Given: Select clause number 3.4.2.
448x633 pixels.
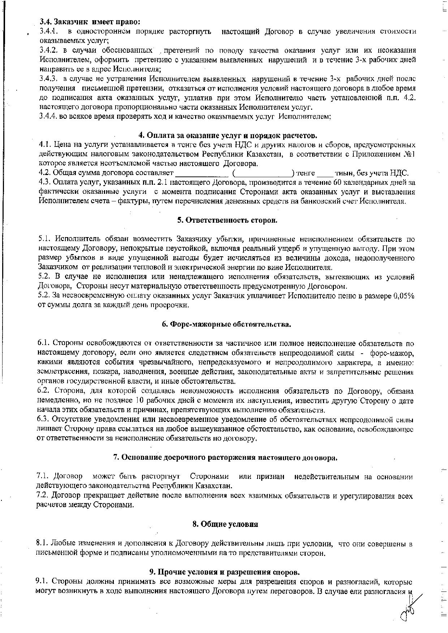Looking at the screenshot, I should click(48, 50).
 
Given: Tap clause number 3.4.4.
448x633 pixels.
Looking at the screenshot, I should click(48, 117).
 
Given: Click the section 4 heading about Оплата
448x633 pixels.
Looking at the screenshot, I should click(228, 136).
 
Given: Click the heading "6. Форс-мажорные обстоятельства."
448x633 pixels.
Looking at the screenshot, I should click(226, 324).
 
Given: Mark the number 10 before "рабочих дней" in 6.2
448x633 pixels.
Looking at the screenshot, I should click(139, 401).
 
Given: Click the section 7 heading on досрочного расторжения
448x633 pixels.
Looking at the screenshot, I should click(225, 458).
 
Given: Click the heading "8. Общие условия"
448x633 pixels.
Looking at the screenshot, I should click(225, 524).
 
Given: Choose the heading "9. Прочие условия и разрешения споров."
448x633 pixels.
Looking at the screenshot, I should click(224, 572).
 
